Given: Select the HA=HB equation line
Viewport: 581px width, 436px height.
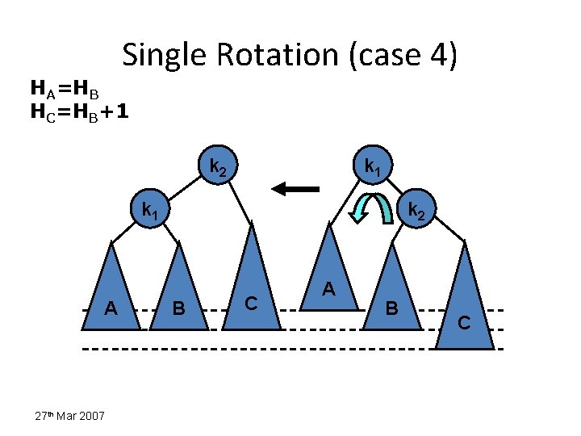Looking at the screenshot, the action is click(64, 86).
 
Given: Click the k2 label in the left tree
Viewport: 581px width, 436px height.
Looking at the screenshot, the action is click(219, 168).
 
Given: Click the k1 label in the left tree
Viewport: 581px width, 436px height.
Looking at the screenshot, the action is click(150, 212).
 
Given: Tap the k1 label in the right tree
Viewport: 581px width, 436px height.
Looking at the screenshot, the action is click(373, 168).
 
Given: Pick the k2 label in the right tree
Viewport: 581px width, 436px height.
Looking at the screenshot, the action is click(416, 212).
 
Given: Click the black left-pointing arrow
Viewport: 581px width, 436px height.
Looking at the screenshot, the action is click(295, 189).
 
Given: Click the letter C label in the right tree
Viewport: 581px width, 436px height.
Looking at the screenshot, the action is click(464, 323).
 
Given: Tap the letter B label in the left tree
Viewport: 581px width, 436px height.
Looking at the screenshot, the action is click(181, 308).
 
